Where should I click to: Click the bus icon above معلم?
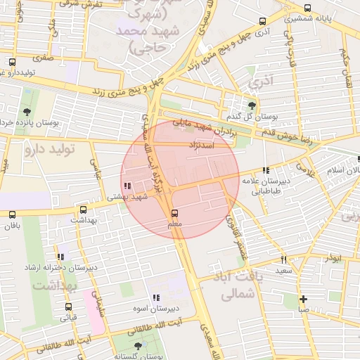coord(175,212)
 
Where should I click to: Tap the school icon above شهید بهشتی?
coord(127,186)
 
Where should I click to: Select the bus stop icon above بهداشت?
coord(84,209)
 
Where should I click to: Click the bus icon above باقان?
coord(12,214)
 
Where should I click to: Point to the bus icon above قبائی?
coord(68,307)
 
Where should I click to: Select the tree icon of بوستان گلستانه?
coord(137,347)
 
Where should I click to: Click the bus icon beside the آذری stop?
coord(263,21)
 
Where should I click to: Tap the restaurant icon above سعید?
coord(284,259)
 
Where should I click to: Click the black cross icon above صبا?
coord(303,298)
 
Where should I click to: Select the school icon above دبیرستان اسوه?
coord(156,297)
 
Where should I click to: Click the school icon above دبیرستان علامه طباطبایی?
coord(265,170)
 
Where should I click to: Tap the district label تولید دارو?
coord(49,149)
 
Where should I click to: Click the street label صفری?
coord(42,60)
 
